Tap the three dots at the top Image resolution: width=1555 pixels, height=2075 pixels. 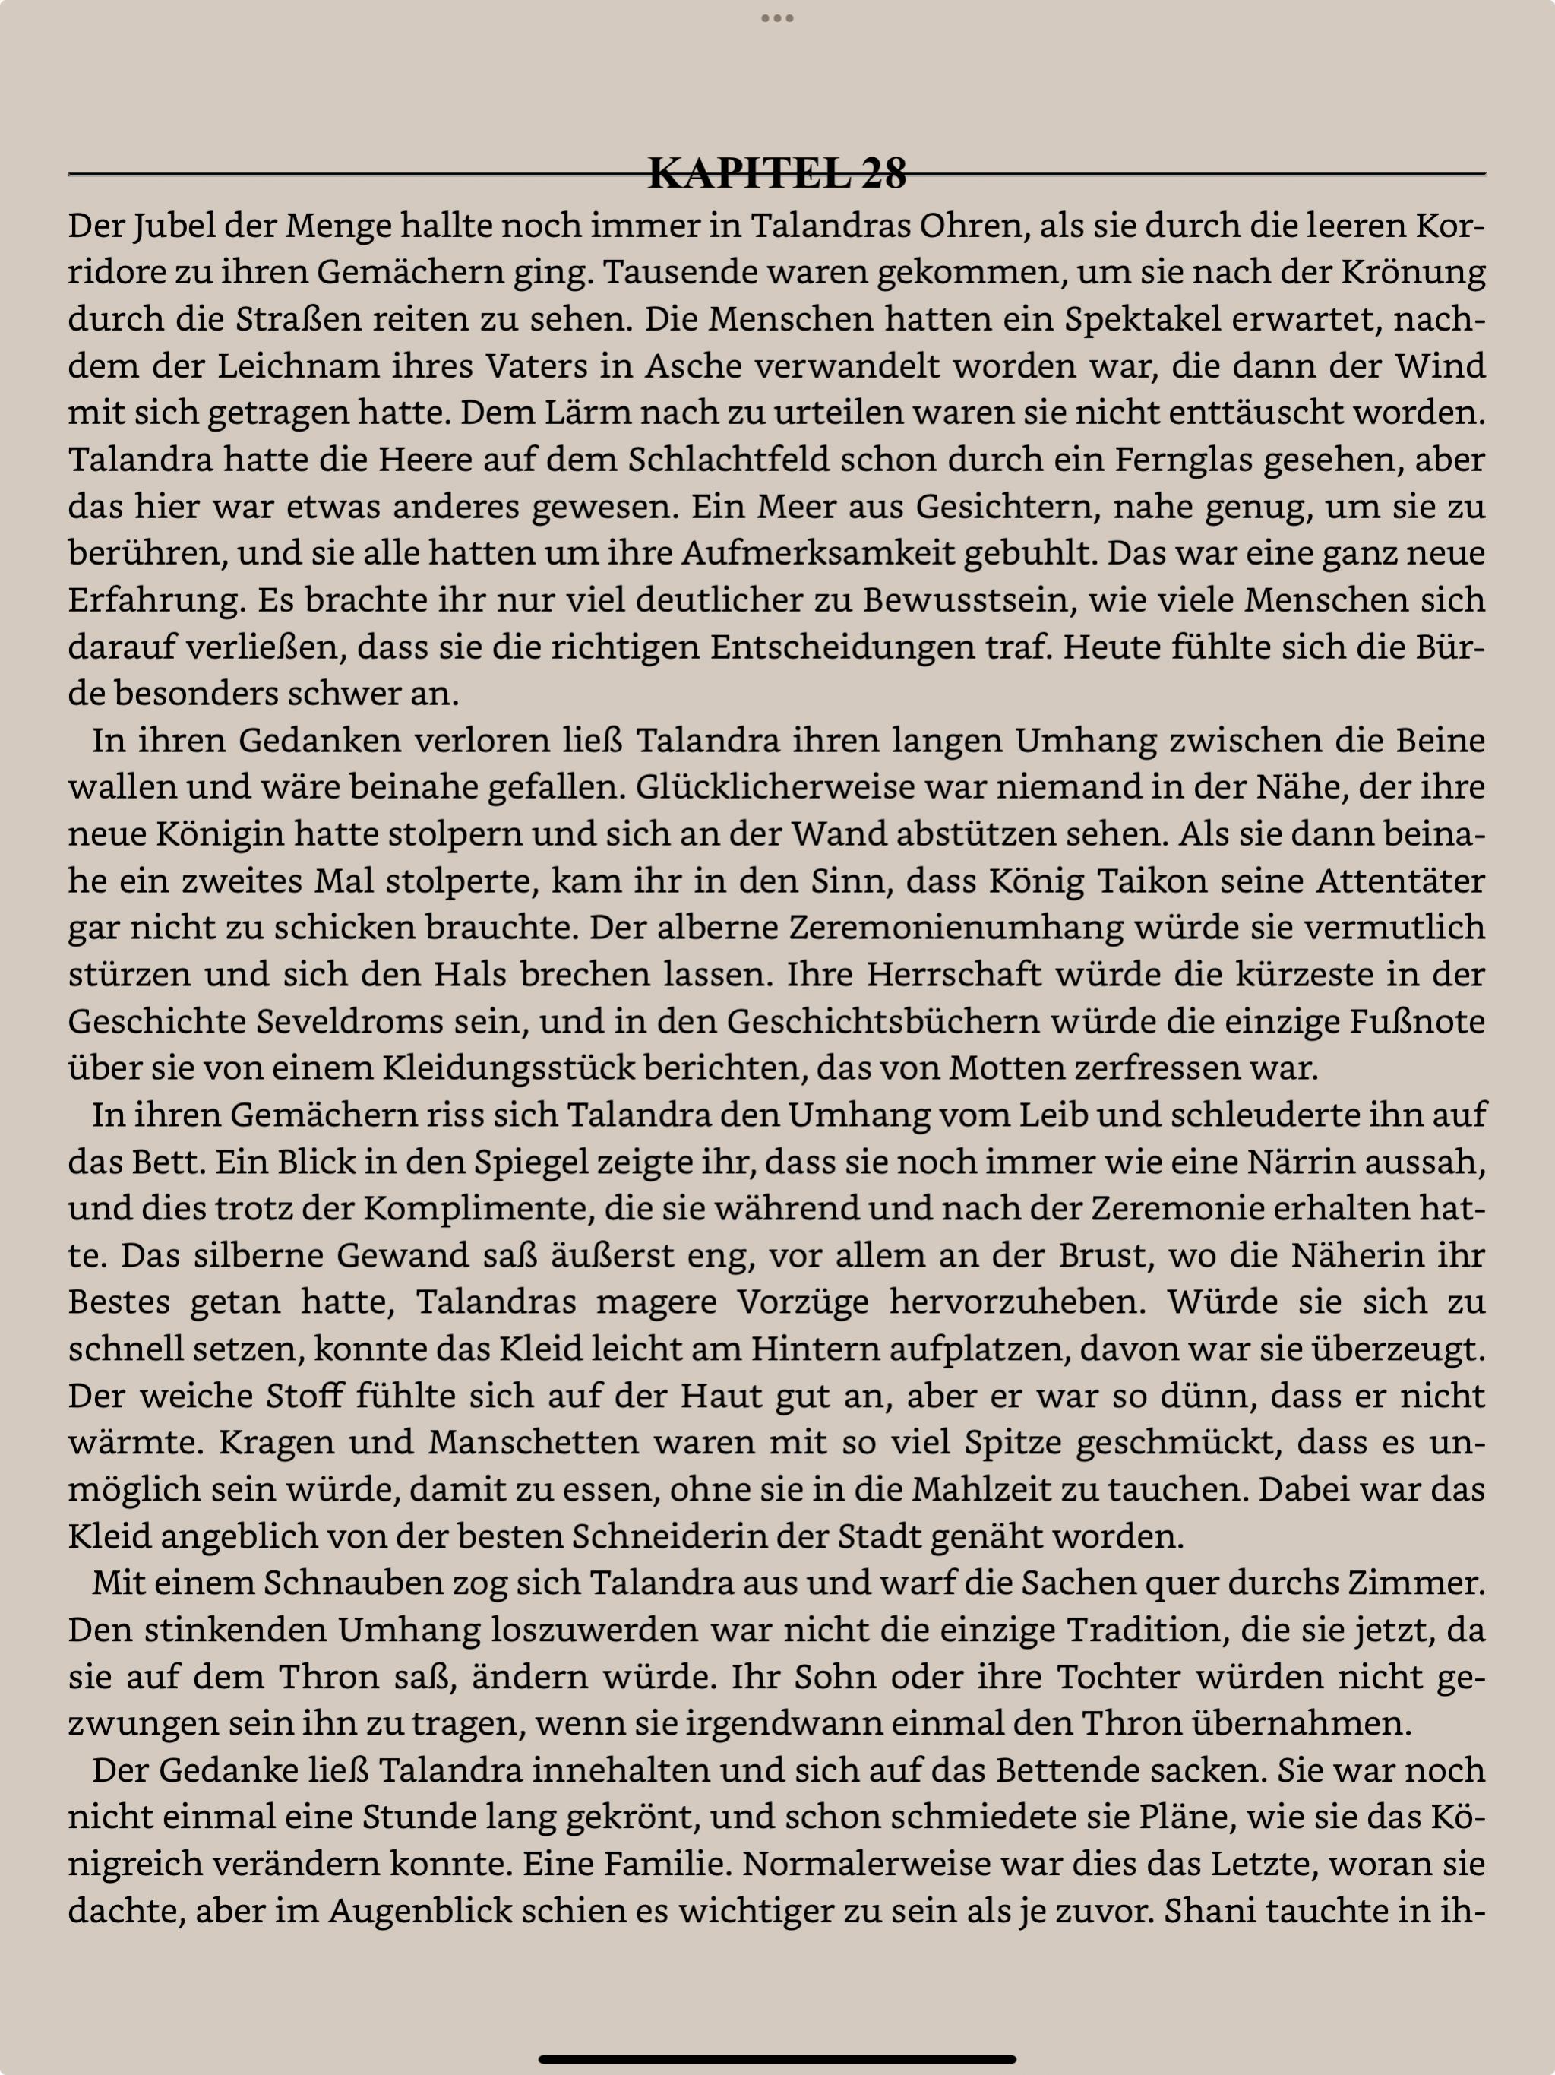[x=776, y=17]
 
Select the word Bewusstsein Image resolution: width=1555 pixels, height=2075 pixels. [x=966, y=599]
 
